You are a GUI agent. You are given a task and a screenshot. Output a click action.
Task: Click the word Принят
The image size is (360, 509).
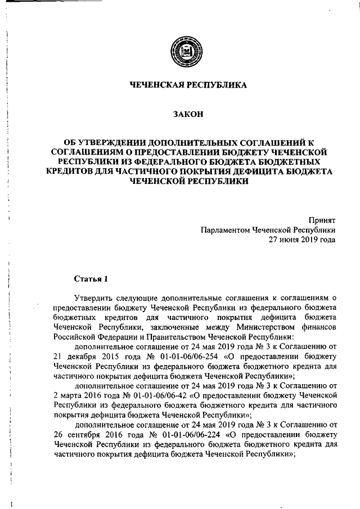pyautogui.click(x=323, y=220)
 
